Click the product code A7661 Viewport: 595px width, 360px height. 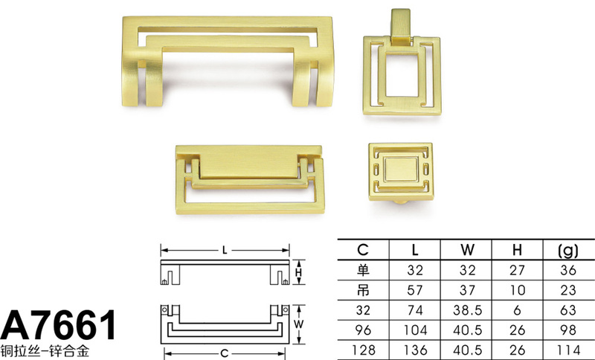[x=59, y=326]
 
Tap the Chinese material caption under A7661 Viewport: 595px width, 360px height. [x=45, y=351]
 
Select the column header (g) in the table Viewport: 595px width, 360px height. [x=568, y=250]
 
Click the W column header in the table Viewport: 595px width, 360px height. [x=467, y=250]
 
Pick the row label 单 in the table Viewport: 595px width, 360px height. [x=363, y=270]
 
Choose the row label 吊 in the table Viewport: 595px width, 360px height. [x=363, y=290]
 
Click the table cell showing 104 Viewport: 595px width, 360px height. [x=415, y=330]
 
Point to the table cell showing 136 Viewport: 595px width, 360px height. [x=415, y=350]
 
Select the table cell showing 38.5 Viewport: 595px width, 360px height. [x=467, y=310]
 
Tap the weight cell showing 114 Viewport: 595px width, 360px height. [x=568, y=350]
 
